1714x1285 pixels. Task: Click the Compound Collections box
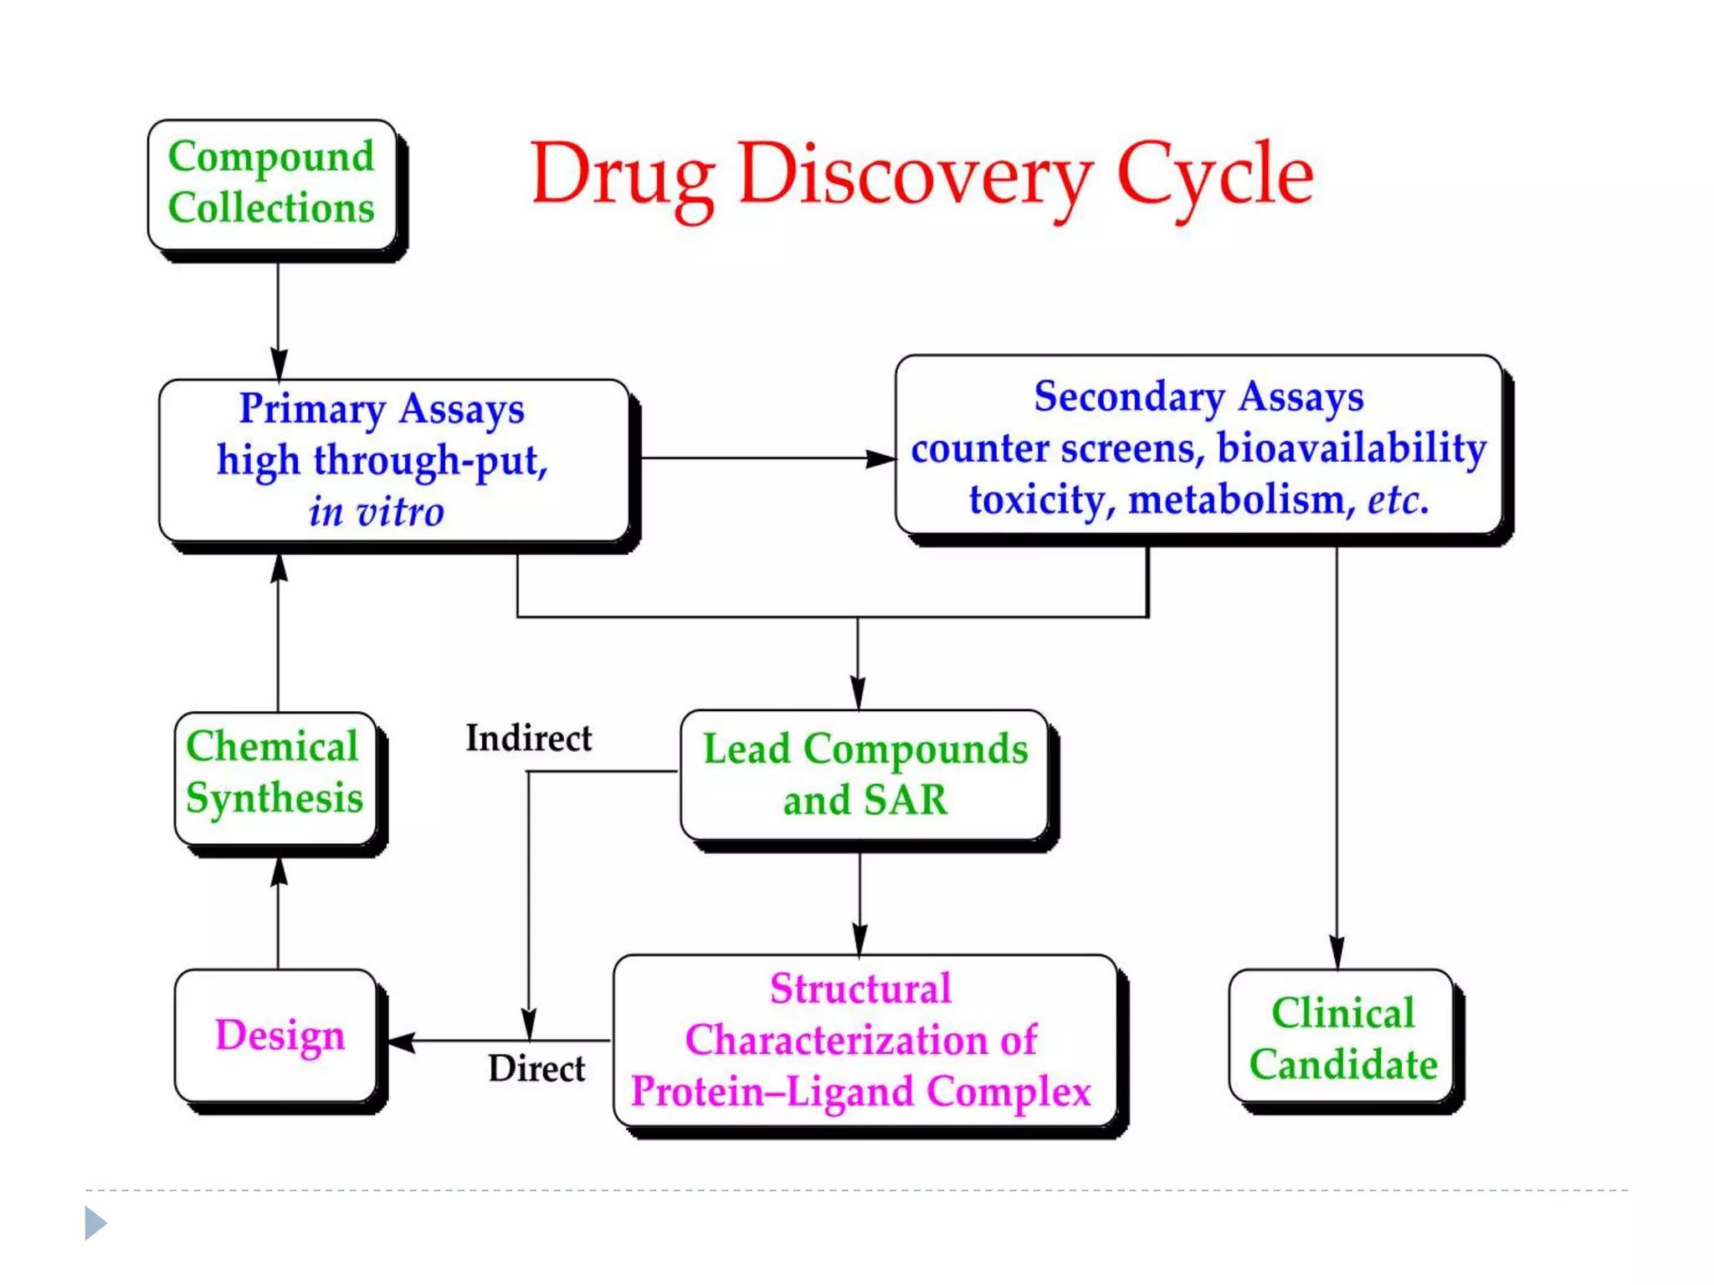point(271,184)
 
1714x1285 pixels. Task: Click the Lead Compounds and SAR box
point(864,775)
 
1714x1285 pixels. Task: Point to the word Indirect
point(528,738)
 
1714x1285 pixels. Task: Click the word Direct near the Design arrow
point(536,1068)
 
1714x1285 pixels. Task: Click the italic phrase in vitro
point(376,511)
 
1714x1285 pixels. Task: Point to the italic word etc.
point(1398,500)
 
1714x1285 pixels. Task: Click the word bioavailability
point(1352,448)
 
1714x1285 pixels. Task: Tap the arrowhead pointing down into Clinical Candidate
point(1337,952)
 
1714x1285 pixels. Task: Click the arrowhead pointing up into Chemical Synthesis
point(279,873)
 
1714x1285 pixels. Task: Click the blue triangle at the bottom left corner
point(95,1223)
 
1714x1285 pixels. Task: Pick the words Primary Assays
point(382,409)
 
